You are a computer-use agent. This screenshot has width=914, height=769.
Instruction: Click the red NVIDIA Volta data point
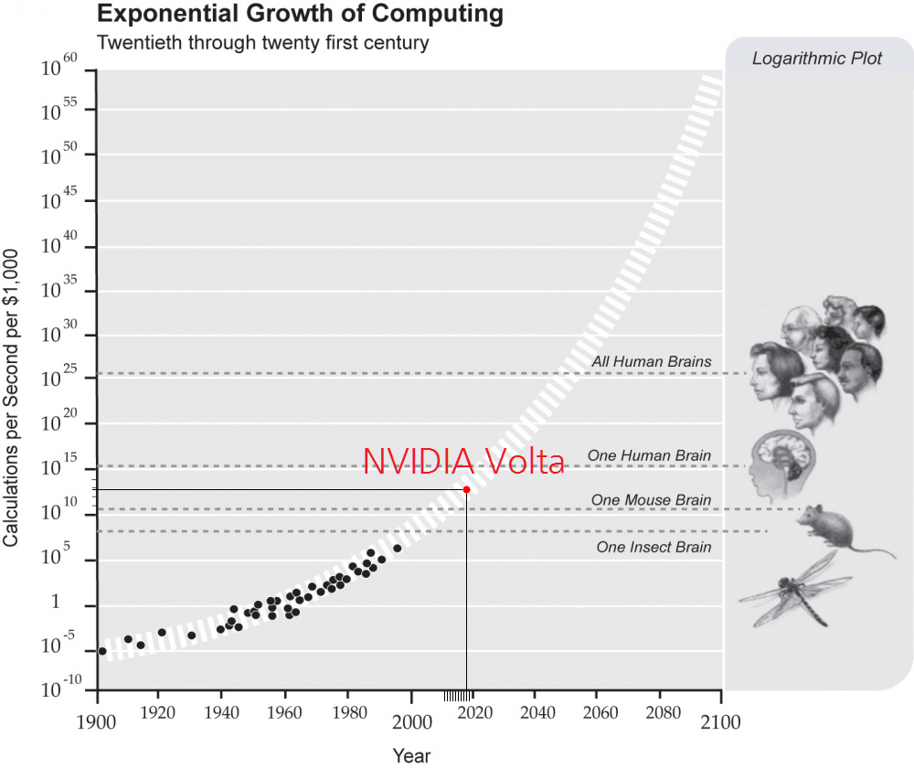point(466,489)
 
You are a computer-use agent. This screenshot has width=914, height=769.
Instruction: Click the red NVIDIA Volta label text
point(463,462)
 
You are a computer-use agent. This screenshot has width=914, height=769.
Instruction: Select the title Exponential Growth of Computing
point(300,15)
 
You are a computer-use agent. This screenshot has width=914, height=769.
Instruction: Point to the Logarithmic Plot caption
point(817,59)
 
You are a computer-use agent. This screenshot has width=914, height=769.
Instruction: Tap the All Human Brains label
point(651,361)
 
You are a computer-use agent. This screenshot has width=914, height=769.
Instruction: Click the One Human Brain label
point(649,455)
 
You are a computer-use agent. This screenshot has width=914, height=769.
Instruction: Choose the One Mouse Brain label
point(651,500)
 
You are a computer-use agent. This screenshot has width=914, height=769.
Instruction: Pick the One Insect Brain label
point(654,547)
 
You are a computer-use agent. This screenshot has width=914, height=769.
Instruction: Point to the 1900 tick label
point(97,721)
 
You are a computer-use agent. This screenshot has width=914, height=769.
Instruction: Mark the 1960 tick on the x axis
point(286,721)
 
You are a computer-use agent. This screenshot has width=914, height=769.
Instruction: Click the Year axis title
point(410,756)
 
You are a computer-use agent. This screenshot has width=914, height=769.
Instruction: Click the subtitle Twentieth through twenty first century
point(262,43)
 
